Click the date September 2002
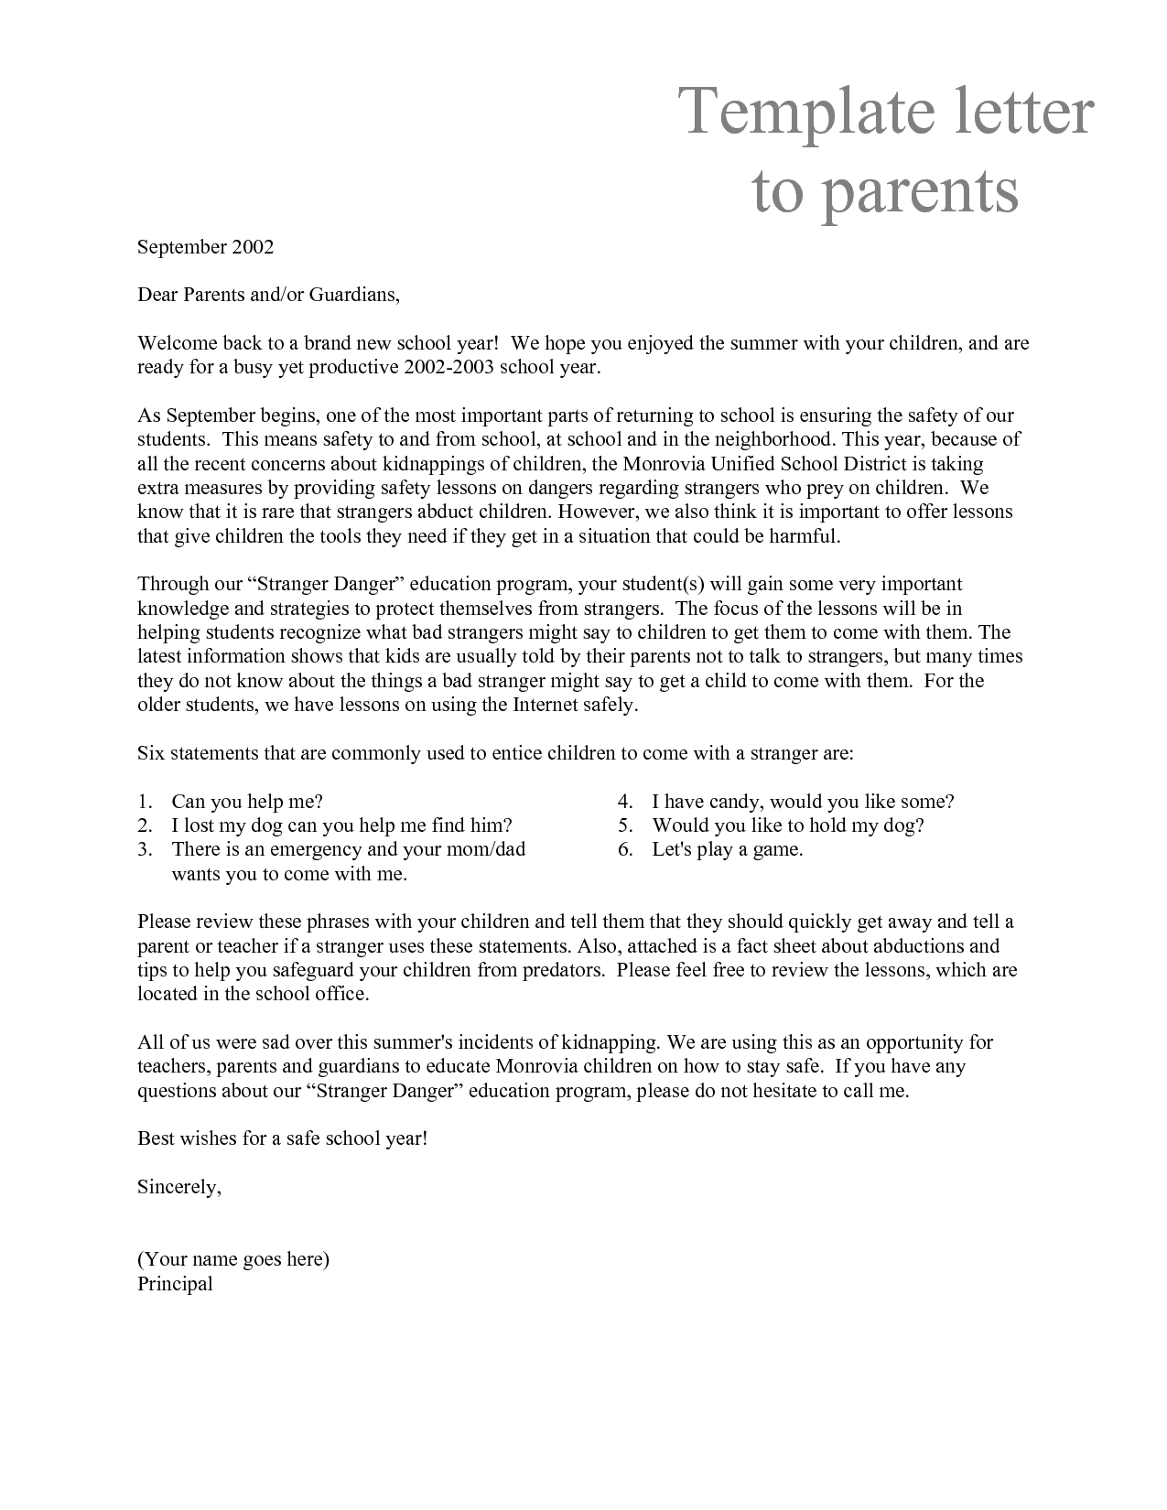(x=205, y=247)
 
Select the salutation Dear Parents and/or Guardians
(x=268, y=296)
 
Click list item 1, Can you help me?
(x=247, y=802)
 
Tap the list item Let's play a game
(x=727, y=849)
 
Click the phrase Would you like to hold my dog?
(x=787, y=825)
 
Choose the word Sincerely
(x=178, y=1187)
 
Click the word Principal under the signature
(x=175, y=1284)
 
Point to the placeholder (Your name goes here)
(x=232, y=1259)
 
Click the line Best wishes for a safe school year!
(x=282, y=1139)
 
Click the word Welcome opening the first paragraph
(x=174, y=344)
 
